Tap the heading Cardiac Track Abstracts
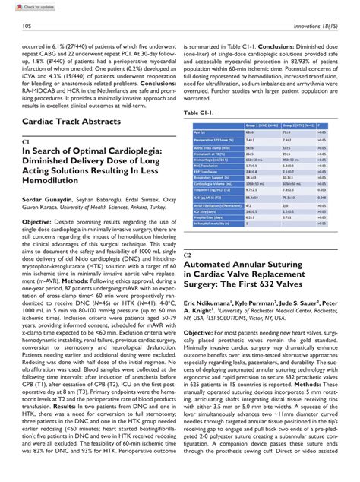pyautogui.click(x=71, y=121)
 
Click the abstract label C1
pyautogui.click(x=27, y=141)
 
